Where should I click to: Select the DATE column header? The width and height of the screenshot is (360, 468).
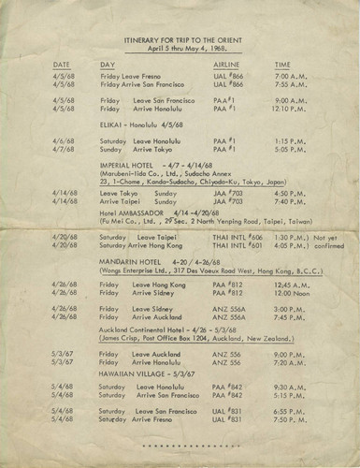tap(62, 65)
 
